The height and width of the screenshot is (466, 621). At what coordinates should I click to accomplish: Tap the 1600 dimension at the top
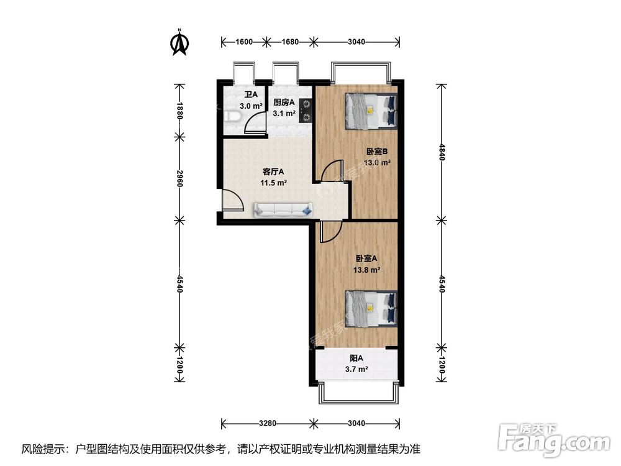[x=244, y=42]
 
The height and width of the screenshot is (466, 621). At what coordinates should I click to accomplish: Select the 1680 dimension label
[x=290, y=42]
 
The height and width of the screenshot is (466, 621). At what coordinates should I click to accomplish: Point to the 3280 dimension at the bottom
[x=267, y=423]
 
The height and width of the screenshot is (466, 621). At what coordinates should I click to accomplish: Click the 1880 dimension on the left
[x=179, y=111]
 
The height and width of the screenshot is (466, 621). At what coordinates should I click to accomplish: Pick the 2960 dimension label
[x=179, y=179]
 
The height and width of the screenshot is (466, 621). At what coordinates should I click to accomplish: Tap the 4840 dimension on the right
[x=442, y=152]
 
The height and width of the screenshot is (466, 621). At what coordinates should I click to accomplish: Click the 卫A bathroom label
[x=251, y=94]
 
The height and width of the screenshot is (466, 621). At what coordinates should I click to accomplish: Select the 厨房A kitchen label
[x=284, y=103]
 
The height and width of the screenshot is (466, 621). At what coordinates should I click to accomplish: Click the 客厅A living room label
[x=273, y=171]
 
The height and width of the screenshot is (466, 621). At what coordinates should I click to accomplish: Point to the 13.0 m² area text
[x=378, y=162]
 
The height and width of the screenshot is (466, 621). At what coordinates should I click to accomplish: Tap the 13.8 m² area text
[x=367, y=270]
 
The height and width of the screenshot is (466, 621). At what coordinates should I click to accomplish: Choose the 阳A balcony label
[x=356, y=359]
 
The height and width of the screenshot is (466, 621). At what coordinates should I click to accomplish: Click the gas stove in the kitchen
[x=306, y=111]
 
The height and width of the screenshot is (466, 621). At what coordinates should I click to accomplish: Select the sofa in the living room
[x=283, y=209]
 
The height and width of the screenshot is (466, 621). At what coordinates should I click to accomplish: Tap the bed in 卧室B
[x=371, y=111]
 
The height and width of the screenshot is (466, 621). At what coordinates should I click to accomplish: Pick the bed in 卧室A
[x=371, y=309]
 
